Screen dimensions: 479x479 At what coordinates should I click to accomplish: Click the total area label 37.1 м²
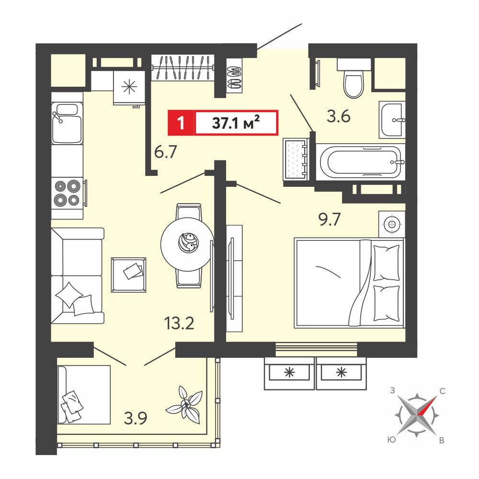[x=236, y=123]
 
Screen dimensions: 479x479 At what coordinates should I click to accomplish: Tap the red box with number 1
[x=181, y=123]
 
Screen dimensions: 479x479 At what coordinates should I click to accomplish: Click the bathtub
[x=361, y=161]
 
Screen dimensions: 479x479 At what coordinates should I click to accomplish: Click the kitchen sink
[x=67, y=123]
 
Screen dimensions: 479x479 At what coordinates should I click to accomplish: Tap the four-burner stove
[x=67, y=193]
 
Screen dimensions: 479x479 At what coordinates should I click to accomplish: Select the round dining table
[x=187, y=244]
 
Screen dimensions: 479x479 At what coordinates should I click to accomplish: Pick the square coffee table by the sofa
[x=128, y=274]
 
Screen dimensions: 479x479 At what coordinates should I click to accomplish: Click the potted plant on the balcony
[x=185, y=404]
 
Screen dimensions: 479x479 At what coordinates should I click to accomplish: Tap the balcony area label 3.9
[x=136, y=418]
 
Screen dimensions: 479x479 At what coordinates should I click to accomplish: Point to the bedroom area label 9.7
[x=330, y=219]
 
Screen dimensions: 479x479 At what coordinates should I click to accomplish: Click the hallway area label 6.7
[x=166, y=152]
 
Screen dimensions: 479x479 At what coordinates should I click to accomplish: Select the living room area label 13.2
[x=179, y=323]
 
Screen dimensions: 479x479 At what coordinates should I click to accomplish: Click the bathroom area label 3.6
[x=339, y=116]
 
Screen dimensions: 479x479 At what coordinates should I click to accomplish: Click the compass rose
[x=417, y=415]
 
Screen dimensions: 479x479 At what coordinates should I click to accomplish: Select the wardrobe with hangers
[x=182, y=68]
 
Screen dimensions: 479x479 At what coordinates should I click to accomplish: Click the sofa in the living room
[x=78, y=275]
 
